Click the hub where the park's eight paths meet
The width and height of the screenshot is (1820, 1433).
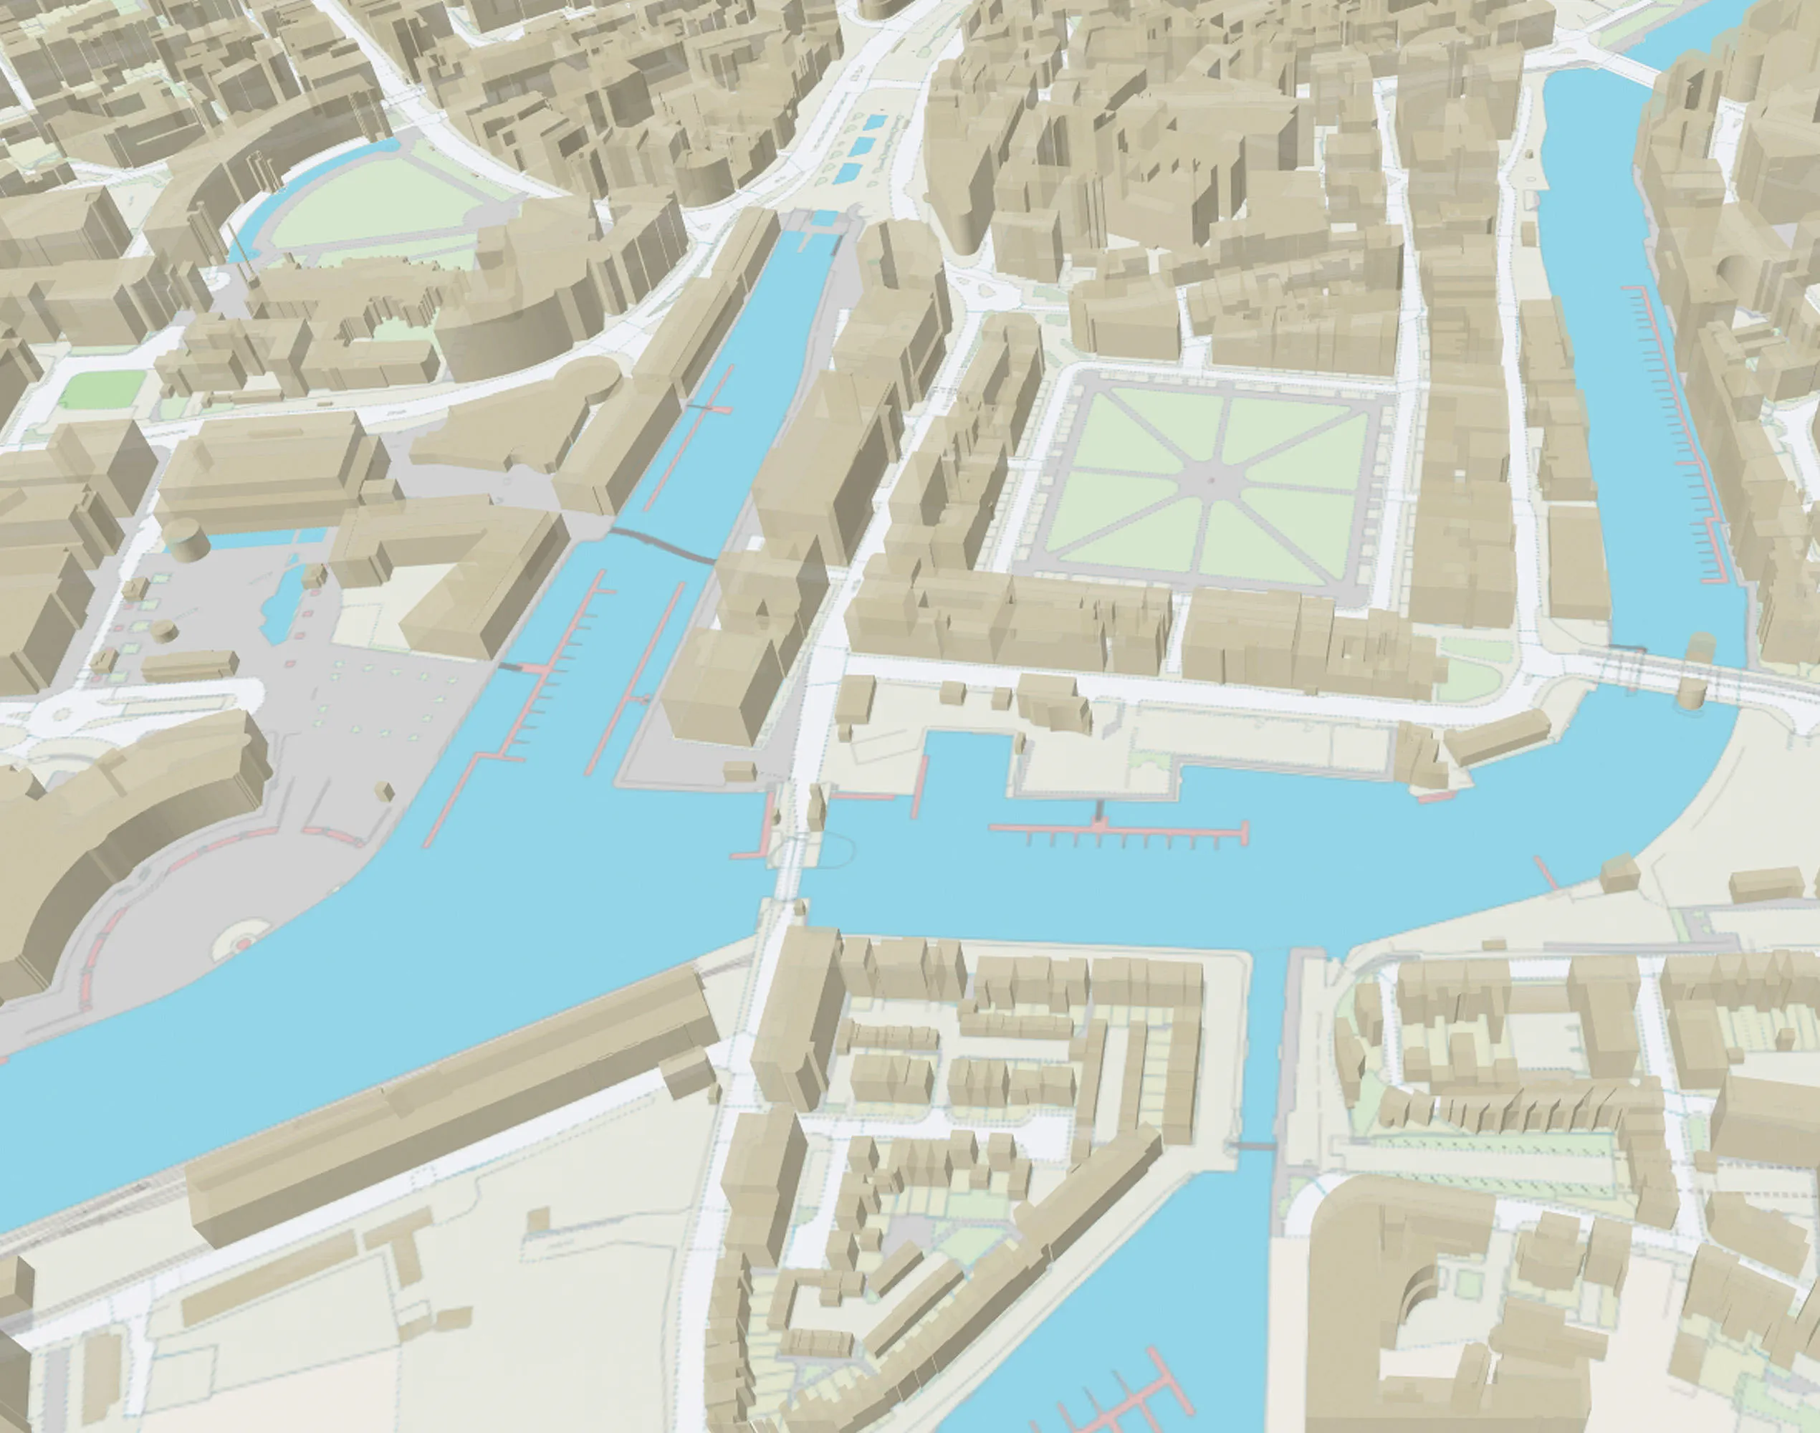(x=1210, y=480)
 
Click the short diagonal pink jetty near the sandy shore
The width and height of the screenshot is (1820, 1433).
(x=1546, y=873)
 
